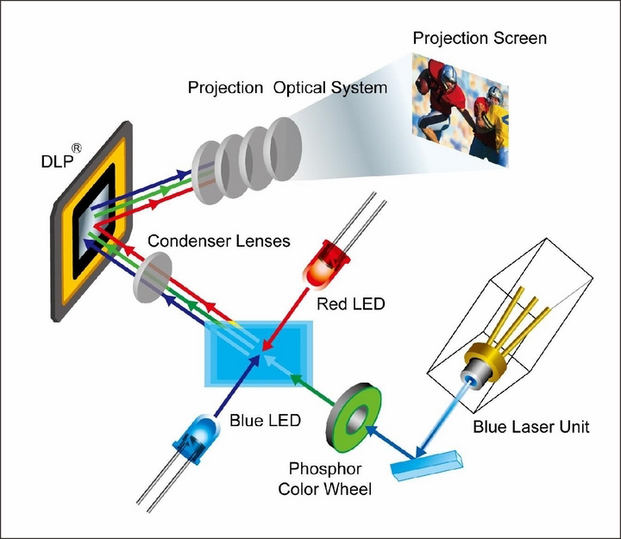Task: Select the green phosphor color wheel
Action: click(x=354, y=417)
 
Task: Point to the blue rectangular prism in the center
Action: click(x=259, y=354)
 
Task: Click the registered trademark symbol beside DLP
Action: click(x=77, y=148)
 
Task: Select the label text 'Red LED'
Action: click(x=351, y=304)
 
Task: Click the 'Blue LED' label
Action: click(x=265, y=420)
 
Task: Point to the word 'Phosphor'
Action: click(x=325, y=469)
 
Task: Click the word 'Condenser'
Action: click(x=189, y=241)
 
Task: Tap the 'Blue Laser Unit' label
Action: click(x=531, y=427)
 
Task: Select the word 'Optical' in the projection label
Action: click(x=300, y=88)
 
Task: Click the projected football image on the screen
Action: click(x=460, y=110)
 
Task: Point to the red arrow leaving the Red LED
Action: click(x=285, y=319)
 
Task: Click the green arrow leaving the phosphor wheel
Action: click(x=312, y=389)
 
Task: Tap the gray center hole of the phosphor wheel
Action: click(x=356, y=421)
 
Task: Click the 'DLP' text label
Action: click(x=57, y=161)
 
